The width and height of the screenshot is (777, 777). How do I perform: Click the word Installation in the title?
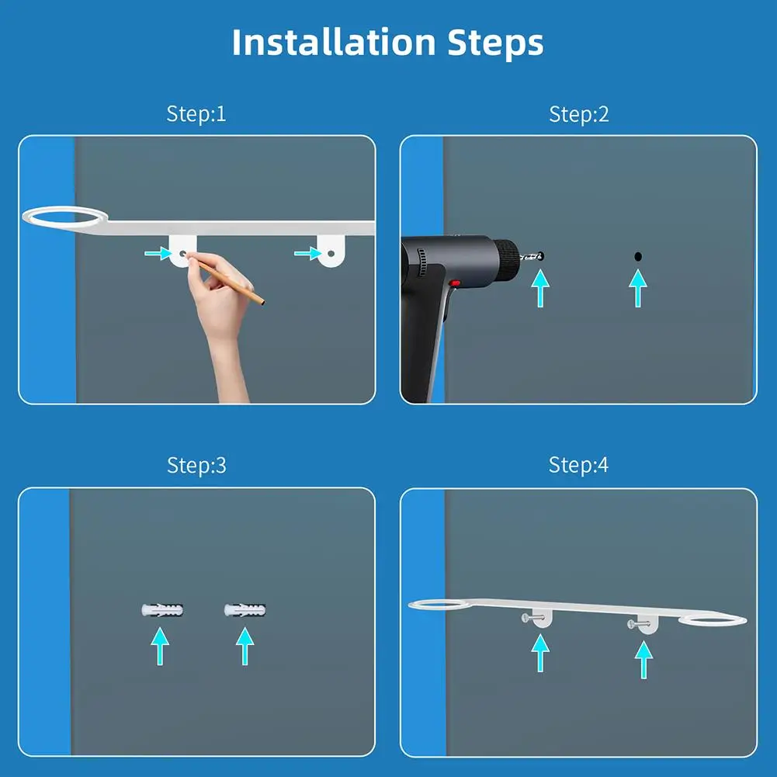[334, 42]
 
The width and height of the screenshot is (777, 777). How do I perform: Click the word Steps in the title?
[494, 43]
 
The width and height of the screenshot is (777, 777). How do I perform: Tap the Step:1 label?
[196, 114]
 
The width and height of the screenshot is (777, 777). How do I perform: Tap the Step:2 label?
[578, 114]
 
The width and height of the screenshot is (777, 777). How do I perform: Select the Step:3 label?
[196, 465]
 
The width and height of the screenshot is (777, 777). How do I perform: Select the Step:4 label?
[578, 465]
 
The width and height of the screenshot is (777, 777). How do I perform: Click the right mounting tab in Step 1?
[330, 251]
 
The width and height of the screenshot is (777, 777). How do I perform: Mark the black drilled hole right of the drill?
[637, 256]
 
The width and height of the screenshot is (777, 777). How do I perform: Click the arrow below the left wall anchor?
[160, 646]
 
